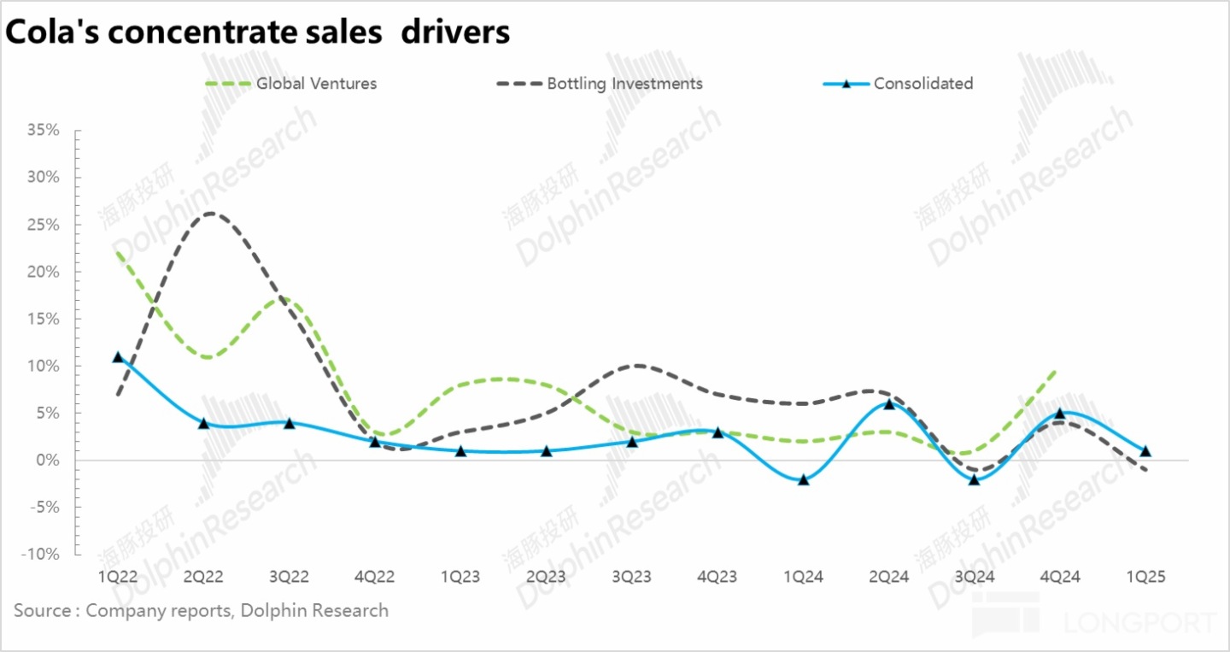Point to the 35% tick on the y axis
43,131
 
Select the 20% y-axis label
43,272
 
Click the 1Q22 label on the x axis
118,577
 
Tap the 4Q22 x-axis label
374,577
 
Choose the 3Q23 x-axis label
631,577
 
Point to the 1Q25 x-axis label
1145,577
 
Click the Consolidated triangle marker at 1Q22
118,357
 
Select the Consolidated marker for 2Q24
889,403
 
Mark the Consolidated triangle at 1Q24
803,479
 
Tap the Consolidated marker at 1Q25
1145,450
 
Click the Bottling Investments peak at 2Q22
208,214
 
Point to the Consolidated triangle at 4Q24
1060,414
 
